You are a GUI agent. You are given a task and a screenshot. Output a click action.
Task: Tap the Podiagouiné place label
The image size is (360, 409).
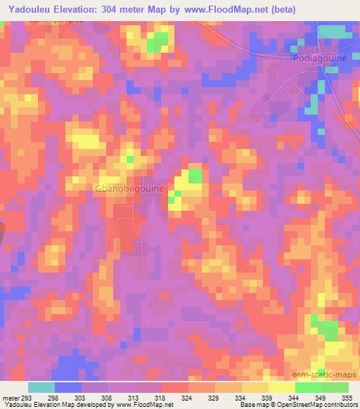click(319, 60)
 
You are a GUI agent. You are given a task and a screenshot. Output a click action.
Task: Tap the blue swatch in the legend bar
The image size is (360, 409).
click(67, 387)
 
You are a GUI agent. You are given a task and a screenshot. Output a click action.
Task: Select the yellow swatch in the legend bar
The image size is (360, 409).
click(281, 387)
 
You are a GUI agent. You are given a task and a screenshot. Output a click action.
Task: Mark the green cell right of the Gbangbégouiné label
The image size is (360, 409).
click(194, 176)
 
